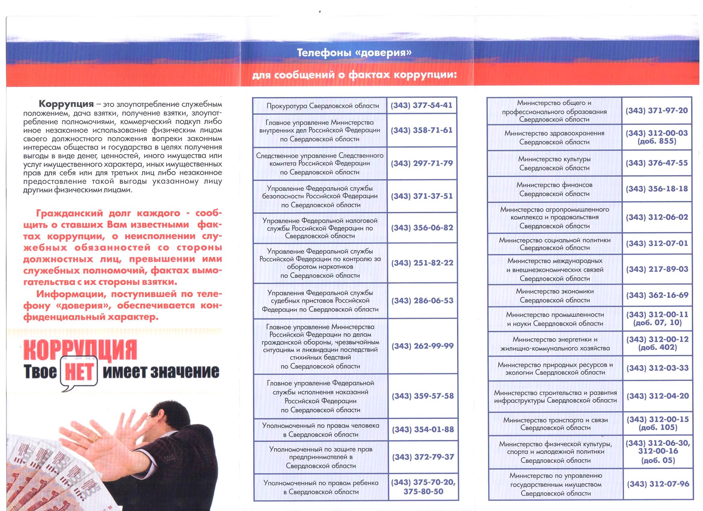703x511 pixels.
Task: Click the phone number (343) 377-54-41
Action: (x=421, y=106)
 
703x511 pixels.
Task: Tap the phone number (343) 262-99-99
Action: (x=422, y=346)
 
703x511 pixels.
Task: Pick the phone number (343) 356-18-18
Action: (x=656, y=189)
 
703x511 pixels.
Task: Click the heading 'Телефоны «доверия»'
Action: (x=354, y=53)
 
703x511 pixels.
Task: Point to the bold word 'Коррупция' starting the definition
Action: (x=66, y=104)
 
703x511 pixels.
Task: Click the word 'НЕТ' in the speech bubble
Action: (x=79, y=372)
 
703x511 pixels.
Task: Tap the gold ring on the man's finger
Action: (x=94, y=438)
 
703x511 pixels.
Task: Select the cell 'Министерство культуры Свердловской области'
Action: (x=554, y=163)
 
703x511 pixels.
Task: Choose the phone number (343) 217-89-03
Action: (x=657, y=269)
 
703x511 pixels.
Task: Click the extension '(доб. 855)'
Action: (x=657, y=141)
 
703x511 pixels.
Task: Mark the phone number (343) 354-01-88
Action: (x=423, y=430)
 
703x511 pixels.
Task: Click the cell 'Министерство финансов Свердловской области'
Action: (x=554, y=189)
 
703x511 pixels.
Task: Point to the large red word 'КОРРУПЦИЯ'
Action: (x=80, y=350)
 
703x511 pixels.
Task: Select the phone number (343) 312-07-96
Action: (x=658, y=484)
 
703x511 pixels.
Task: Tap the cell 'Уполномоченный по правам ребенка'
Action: (x=321, y=487)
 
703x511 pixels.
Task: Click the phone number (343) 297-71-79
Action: (x=422, y=163)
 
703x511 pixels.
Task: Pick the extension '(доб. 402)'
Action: (x=657, y=347)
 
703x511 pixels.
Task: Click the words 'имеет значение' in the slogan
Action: (x=161, y=372)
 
